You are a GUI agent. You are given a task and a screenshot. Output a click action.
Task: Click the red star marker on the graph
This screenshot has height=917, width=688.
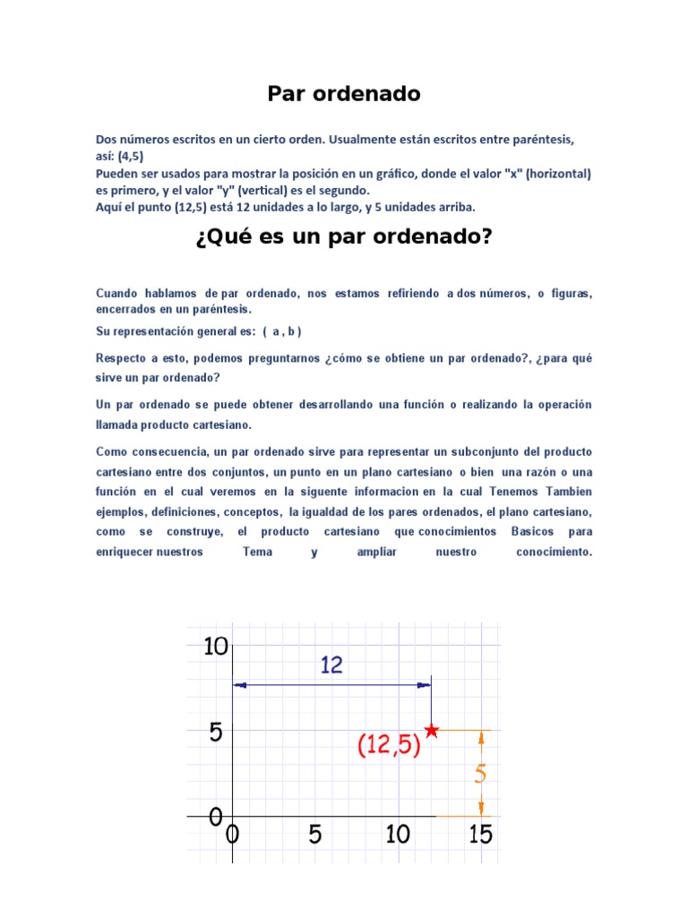tap(432, 730)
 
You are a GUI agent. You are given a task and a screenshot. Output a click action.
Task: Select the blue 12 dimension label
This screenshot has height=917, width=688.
tap(331, 664)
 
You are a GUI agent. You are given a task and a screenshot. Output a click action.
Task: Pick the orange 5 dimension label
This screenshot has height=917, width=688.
tap(481, 773)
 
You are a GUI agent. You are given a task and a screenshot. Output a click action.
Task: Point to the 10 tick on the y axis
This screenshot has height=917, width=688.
tap(216, 646)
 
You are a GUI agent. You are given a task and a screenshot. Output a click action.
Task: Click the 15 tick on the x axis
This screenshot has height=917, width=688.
tap(480, 835)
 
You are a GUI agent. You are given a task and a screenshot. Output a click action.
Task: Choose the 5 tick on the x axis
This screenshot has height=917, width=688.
tap(315, 835)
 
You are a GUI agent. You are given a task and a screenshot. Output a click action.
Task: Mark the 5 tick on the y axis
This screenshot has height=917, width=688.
tap(216, 733)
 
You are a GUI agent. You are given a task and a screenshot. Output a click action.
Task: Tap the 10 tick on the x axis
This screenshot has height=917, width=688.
tap(398, 835)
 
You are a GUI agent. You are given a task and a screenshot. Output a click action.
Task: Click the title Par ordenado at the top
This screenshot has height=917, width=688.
tap(344, 94)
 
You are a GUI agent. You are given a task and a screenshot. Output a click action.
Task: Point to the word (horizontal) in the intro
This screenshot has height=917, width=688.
tap(558, 174)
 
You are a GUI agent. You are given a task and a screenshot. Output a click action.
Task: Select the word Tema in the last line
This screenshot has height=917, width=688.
tap(257, 552)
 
